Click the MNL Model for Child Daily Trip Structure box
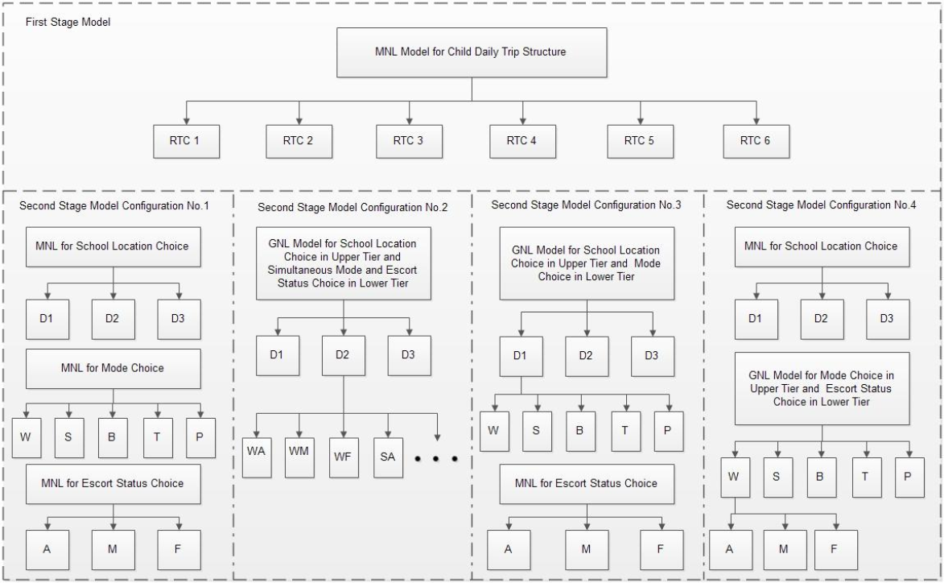pos(472,52)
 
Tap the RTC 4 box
pos(521,140)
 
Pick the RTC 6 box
pos(756,140)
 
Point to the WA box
pos(255,457)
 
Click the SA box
pos(388,457)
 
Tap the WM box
pos(299,457)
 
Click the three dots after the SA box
pos(436,459)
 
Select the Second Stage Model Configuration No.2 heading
pos(352,207)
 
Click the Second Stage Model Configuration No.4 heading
pos(821,205)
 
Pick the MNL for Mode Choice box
pos(112,368)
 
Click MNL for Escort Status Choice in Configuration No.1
pos(112,483)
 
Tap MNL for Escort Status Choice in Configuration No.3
pos(586,483)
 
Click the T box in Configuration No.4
pos(865,476)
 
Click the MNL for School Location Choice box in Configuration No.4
pos(822,246)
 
